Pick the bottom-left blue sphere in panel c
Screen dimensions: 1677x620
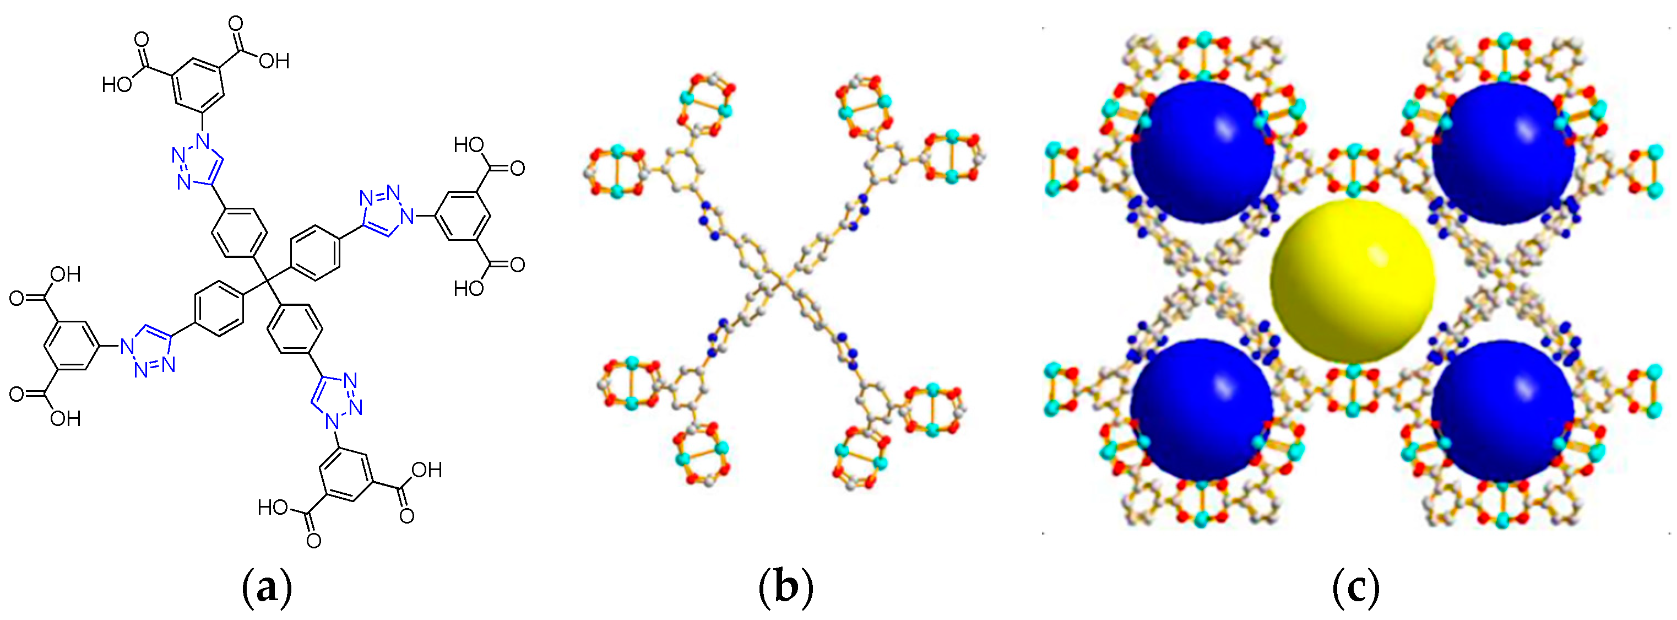[x=1202, y=410]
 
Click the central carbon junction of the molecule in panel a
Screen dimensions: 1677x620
[x=267, y=282]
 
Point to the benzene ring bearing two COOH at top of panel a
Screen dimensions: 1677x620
[x=199, y=85]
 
